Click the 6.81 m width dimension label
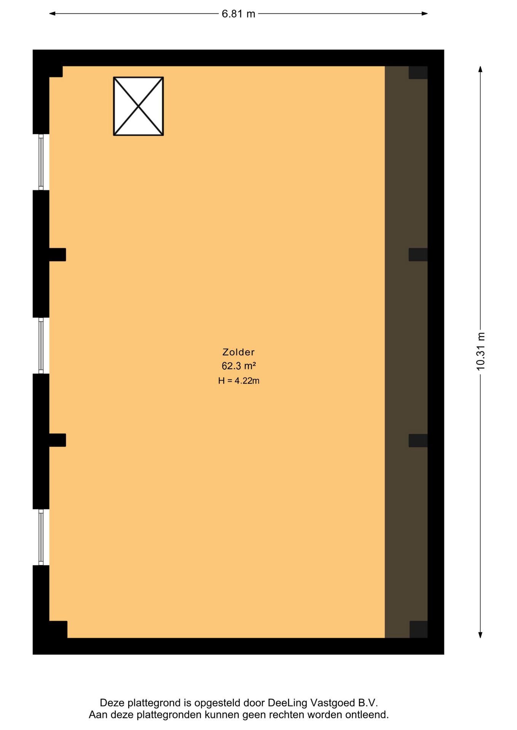tap(238, 14)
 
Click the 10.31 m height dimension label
tap(480, 351)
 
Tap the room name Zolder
tap(239, 352)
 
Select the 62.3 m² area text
tap(239, 366)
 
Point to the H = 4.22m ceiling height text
tap(239, 381)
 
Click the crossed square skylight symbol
tap(138, 106)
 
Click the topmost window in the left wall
tap(41, 162)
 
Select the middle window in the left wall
tap(41, 346)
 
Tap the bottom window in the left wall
tap(41, 537)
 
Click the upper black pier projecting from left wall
tap(57, 254)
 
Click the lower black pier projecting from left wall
tap(57, 440)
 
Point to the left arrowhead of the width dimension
tap(52, 14)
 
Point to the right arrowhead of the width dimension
tap(424, 14)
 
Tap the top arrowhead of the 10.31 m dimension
tap(480, 69)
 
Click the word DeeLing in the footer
tap(287, 702)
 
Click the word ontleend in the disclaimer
tap(367, 715)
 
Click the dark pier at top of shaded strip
tap(418, 73)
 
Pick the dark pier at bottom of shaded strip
tap(418, 629)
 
